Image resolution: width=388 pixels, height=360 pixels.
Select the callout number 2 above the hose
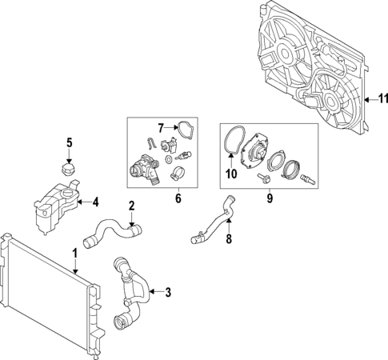pyautogui.click(x=132, y=207)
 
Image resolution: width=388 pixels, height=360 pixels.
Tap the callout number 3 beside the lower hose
pyautogui.click(x=168, y=292)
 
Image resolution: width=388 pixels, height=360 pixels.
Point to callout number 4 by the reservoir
pyautogui.click(x=95, y=202)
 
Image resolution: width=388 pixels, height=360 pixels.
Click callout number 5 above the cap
pyautogui.click(x=69, y=143)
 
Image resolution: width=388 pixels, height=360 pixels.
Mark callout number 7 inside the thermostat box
pyautogui.click(x=160, y=127)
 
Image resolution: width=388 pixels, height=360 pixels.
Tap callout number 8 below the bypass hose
pyautogui.click(x=228, y=238)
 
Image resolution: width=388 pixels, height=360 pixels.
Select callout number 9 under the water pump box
pyautogui.click(x=269, y=196)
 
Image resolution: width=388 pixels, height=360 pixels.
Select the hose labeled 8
pyautogui.click(x=212, y=221)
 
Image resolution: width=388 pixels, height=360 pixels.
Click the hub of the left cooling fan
pyautogui.click(x=283, y=53)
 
